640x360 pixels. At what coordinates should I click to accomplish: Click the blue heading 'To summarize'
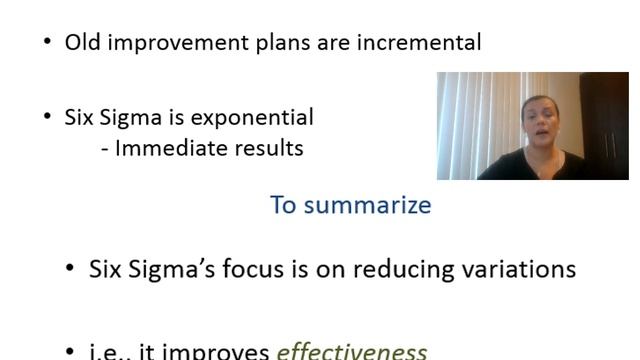(350, 205)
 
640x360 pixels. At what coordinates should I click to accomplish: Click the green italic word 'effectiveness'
(351, 351)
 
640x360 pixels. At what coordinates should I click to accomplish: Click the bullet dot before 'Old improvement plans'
(47, 42)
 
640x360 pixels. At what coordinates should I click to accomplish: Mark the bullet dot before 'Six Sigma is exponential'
(47, 117)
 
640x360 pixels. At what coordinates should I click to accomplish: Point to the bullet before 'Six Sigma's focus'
(69, 269)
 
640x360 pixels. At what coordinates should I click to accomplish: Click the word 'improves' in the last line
(217, 352)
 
